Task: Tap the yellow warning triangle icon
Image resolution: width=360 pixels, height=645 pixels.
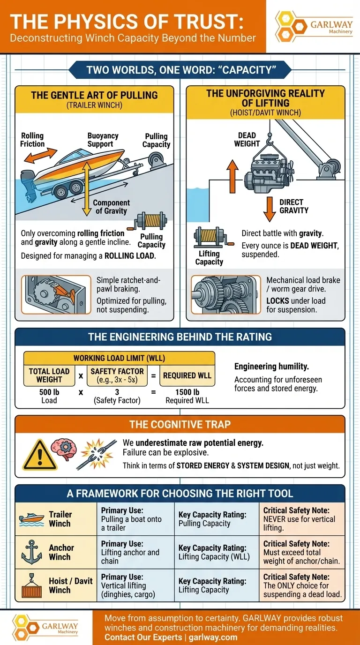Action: point(40,455)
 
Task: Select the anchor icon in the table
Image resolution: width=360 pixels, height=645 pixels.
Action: point(32,552)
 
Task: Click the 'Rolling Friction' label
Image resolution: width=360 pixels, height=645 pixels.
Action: point(32,140)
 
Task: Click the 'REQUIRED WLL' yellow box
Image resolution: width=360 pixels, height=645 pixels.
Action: point(187,375)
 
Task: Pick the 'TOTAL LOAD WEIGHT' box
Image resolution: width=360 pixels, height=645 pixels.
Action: point(49,375)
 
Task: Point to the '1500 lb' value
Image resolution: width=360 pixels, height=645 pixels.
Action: point(187,392)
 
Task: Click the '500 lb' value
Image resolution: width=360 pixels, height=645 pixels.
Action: point(49,392)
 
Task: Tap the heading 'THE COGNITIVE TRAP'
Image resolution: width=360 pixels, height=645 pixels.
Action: point(180,425)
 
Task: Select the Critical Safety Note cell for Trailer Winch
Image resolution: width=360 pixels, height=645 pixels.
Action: point(301,519)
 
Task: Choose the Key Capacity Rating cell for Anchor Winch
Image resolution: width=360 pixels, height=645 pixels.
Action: point(216,552)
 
